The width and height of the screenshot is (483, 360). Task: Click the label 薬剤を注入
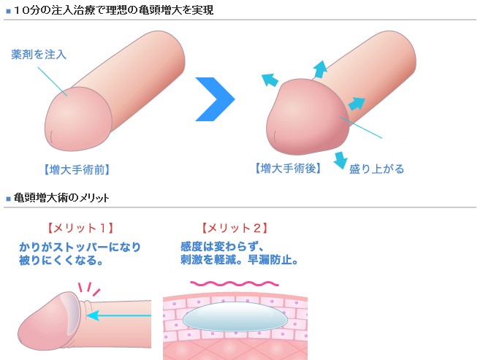pyautogui.click(x=39, y=55)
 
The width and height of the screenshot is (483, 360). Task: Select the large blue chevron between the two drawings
pyautogui.click(x=216, y=97)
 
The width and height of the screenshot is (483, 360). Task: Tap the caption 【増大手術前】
pyautogui.click(x=76, y=169)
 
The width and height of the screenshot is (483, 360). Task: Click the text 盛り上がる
pyautogui.click(x=377, y=169)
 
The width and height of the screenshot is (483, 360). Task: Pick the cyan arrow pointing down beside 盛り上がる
pyautogui.click(x=340, y=159)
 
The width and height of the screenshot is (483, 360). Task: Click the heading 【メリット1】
pyautogui.click(x=80, y=229)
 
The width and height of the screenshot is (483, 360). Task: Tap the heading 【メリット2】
pyautogui.click(x=235, y=229)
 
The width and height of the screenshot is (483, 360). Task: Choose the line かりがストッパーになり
pyautogui.click(x=80, y=246)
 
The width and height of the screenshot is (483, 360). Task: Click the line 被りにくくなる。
pyautogui.click(x=61, y=260)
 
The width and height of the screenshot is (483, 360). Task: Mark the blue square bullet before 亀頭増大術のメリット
pyautogui.click(x=8, y=199)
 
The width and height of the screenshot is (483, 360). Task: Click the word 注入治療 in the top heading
pyautogui.click(x=66, y=9)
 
